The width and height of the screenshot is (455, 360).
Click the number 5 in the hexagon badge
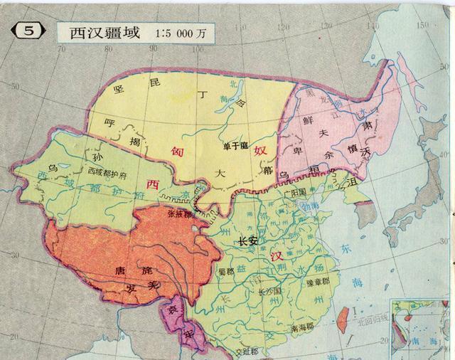(28, 32)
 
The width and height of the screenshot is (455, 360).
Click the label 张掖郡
(180, 213)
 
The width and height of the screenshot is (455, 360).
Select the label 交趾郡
(239, 350)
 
